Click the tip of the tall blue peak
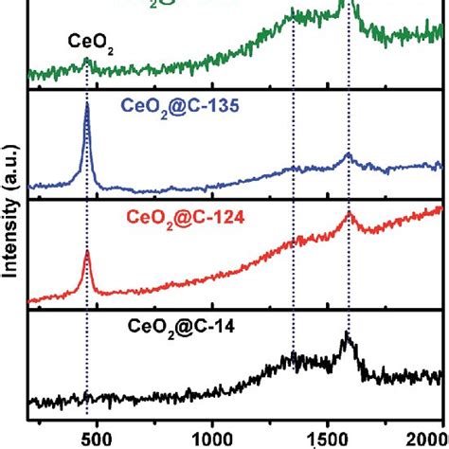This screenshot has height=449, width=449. pos(87,104)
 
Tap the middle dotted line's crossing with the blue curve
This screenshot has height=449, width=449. pos(294,168)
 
